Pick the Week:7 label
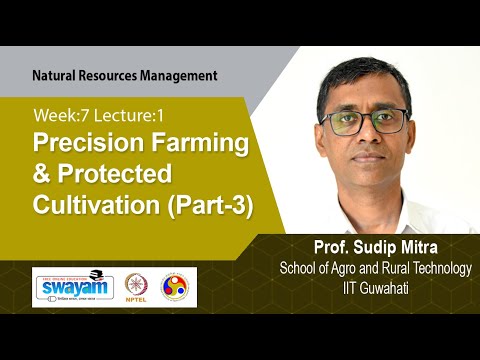(57, 114)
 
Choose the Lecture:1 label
(124, 114)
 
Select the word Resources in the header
(110, 75)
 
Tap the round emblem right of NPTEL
(177, 287)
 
